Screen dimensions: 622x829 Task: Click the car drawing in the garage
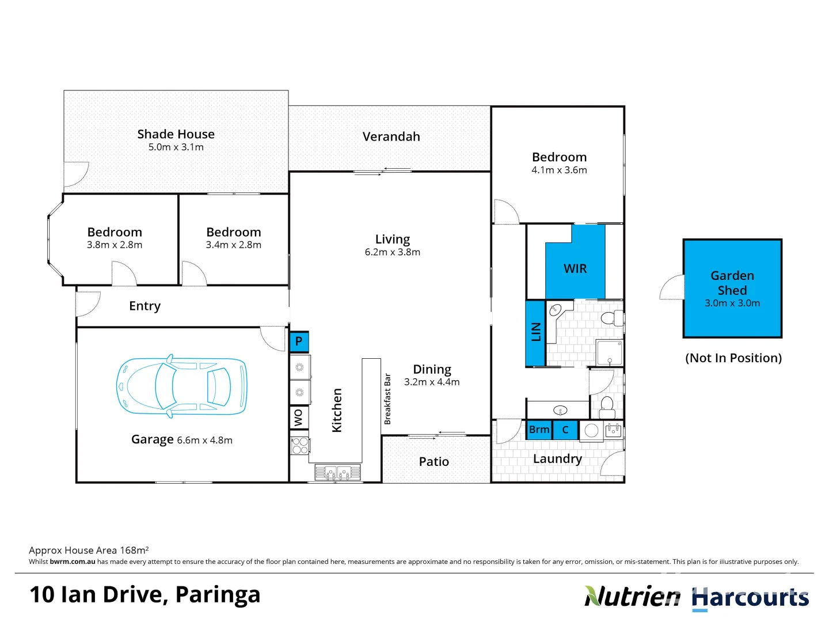[x=181, y=385]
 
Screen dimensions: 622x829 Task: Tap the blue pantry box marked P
[x=299, y=342]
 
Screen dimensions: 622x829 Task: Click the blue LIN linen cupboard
[x=535, y=332]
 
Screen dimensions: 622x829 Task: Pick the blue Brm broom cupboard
[x=539, y=430]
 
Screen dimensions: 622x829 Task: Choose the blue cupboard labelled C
[x=565, y=430]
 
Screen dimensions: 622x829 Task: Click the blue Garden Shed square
[x=732, y=289]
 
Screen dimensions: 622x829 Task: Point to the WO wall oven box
[x=299, y=418]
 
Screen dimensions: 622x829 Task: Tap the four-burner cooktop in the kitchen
[x=300, y=446]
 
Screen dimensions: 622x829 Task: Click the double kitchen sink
[x=338, y=473]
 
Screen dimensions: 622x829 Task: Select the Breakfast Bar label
[x=387, y=399]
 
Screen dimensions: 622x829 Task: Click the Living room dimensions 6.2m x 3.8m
[x=393, y=252]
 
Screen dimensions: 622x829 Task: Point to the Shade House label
[x=176, y=134]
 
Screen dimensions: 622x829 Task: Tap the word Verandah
[x=391, y=136]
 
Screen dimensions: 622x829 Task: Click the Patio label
[x=434, y=461]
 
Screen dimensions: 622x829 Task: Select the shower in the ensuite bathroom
[x=610, y=352]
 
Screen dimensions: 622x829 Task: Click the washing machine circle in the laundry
[x=591, y=430]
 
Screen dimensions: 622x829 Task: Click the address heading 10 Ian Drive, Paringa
[x=145, y=594]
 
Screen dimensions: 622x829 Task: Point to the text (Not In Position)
[x=733, y=358]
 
